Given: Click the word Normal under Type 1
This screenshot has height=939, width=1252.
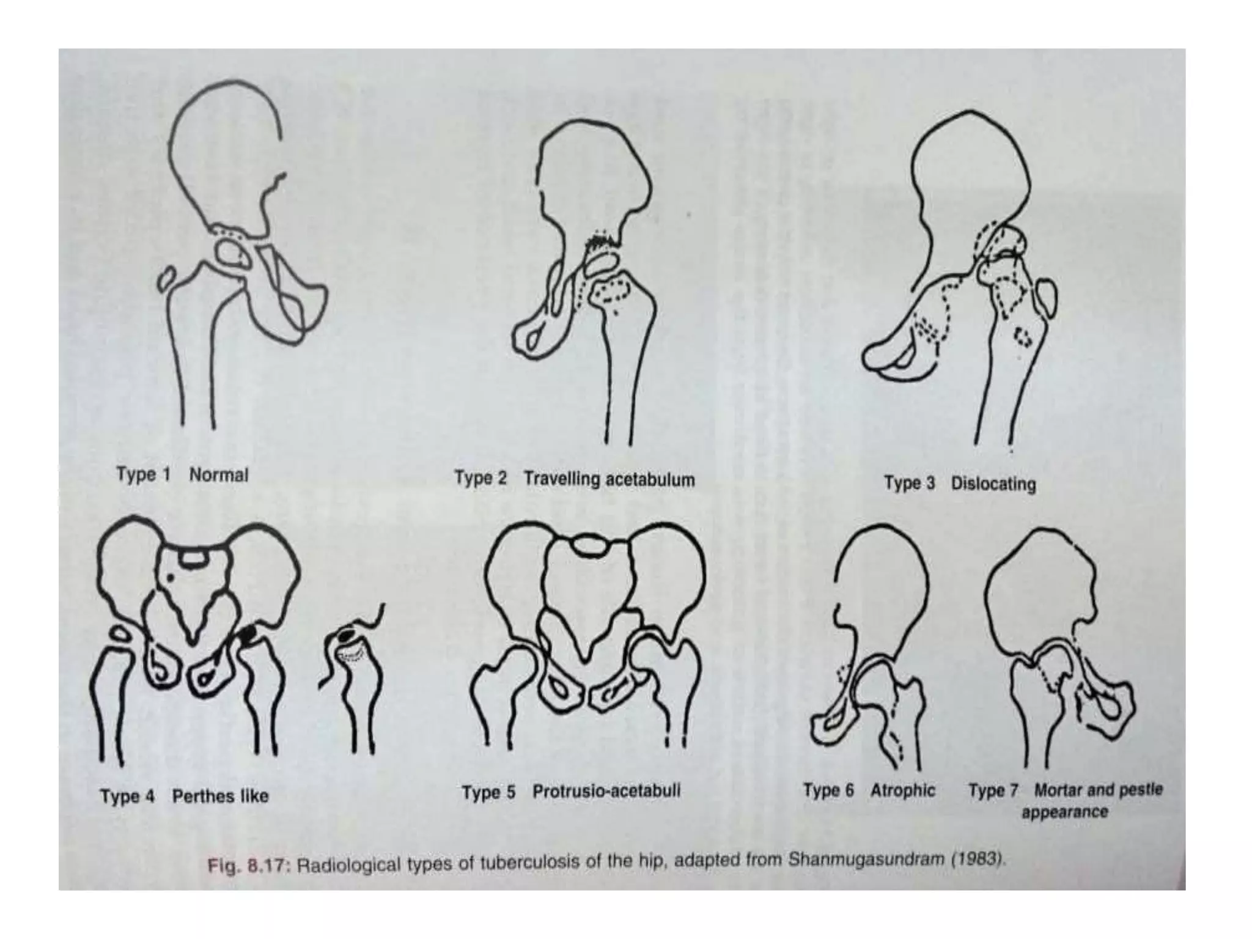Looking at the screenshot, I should click(218, 475).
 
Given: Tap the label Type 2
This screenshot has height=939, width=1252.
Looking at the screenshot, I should click(481, 478).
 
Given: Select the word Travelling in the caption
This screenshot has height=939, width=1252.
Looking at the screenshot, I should click(561, 479).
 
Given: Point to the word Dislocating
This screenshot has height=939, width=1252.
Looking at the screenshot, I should click(993, 484).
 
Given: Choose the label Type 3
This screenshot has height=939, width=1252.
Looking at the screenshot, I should click(909, 484).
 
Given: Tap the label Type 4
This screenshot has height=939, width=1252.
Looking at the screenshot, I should click(127, 797).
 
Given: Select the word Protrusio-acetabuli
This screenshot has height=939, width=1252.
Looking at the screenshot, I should click(606, 792).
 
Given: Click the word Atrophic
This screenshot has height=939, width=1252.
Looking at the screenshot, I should click(903, 790).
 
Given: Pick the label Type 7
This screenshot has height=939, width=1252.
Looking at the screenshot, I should click(993, 791).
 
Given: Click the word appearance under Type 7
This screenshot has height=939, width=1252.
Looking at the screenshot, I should click(1064, 812).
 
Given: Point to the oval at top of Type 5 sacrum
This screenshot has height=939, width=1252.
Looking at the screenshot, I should click(589, 545).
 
